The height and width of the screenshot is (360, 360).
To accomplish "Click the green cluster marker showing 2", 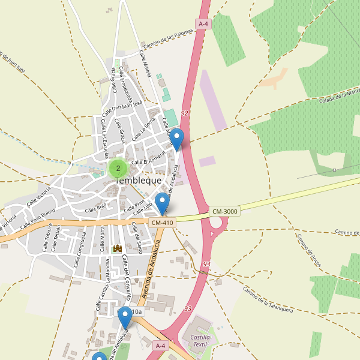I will pos(118,168).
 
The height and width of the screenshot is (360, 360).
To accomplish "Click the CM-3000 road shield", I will pos(225,212).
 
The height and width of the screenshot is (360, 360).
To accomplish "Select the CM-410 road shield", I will pos(162,223).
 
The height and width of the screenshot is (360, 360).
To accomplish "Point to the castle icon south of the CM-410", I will pos(118,248).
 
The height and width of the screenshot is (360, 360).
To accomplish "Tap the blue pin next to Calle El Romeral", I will pos(176,140).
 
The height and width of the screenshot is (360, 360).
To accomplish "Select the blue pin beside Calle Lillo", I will pos(162,204).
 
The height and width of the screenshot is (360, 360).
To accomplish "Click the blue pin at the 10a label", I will pos(124,317).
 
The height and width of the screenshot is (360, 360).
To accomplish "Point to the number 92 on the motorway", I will pos(184,113).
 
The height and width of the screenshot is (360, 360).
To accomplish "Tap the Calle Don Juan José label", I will pos(122,109).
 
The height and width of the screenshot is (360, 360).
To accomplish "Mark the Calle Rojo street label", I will pos(95,208).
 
